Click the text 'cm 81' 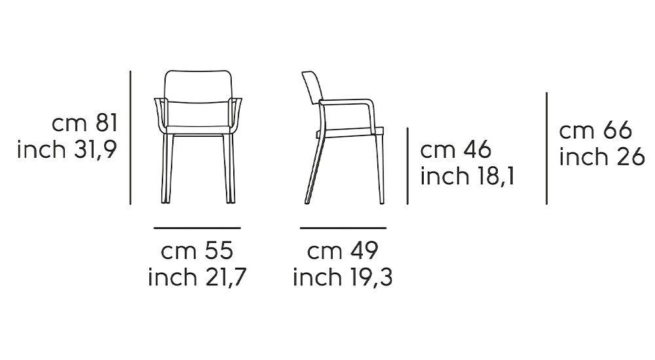[84, 123]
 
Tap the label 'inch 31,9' [67, 150]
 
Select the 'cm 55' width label [197, 251]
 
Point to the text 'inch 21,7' [197, 278]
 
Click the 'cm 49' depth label [343, 251]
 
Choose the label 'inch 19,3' [343, 278]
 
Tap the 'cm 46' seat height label [456, 150]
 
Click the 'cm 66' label [595, 131]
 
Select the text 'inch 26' [603, 158]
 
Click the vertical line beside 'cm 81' [130, 137]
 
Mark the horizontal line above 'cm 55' [197, 228]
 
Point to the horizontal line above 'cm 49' [343, 228]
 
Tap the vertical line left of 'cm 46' [407, 166]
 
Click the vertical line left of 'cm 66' [546, 149]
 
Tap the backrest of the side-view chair [312, 88]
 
